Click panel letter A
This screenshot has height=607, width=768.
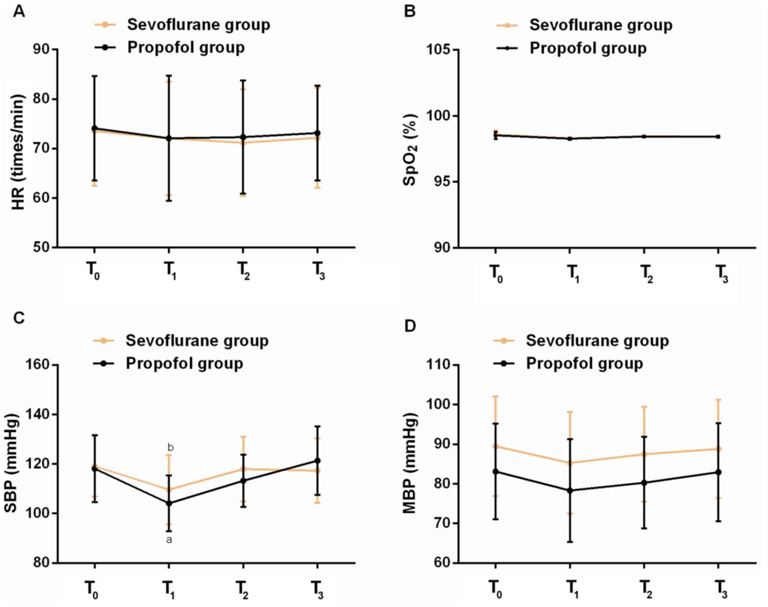(19, 12)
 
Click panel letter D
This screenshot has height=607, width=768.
(410, 326)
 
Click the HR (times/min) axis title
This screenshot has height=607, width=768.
(18, 151)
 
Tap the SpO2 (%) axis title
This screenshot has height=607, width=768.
(410, 149)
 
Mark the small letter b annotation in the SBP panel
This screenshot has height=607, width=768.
(171, 448)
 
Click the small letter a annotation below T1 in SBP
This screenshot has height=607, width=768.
(169, 539)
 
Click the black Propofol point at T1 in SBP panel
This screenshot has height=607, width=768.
(169, 503)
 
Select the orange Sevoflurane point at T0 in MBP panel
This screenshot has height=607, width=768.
(495, 446)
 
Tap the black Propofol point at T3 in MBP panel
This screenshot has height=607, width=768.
(718, 472)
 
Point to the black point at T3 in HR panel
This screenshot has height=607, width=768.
(318, 133)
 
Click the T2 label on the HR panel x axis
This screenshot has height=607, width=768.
(244, 271)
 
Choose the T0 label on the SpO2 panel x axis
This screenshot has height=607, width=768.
(496, 273)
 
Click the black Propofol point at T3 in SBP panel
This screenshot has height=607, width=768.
(318, 461)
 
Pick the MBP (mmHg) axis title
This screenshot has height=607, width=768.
(410, 464)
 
